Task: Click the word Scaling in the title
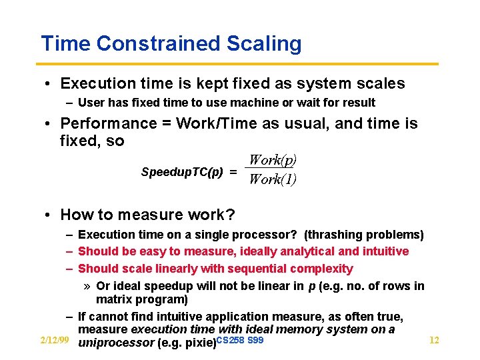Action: pyautogui.click(x=264, y=44)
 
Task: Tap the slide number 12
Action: pyautogui.click(x=434, y=341)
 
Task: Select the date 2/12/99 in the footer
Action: pyautogui.click(x=54, y=341)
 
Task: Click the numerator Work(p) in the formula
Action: pyautogui.click(x=272, y=160)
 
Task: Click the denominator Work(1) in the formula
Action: pyautogui.click(x=272, y=179)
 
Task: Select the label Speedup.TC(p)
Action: pyautogui.click(x=182, y=172)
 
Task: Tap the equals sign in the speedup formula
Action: pyautogui.click(x=233, y=172)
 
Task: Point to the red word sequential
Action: pyautogui.click(x=258, y=269)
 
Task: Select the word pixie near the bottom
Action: pyautogui.click(x=198, y=343)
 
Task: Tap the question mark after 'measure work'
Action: pyautogui.click(x=231, y=215)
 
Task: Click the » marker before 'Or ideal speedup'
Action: pyautogui.click(x=87, y=286)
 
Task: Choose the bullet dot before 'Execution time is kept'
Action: pyautogui.click(x=49, y=84)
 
